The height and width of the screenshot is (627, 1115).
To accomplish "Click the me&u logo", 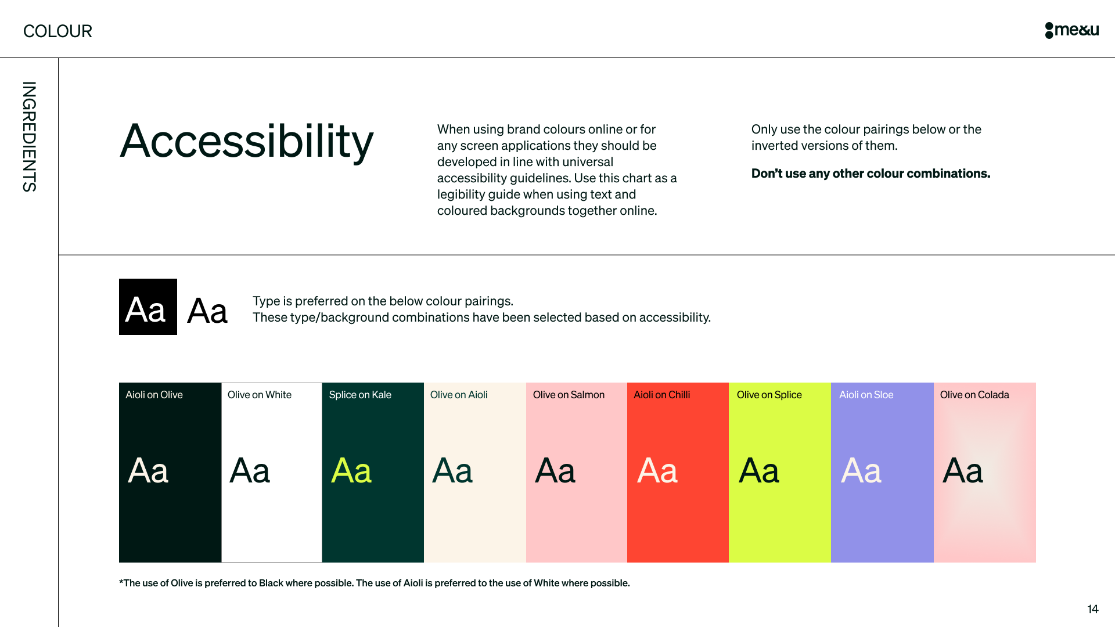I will click(x=1071, y=30).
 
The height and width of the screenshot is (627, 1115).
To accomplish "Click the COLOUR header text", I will click(x=57, y=31).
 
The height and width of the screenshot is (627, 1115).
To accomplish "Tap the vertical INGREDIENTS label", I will click(x=29, y=136).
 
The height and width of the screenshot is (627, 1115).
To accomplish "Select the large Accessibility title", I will click(x=247, y=141).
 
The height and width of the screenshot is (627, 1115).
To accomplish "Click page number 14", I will click(x=1092, y=609).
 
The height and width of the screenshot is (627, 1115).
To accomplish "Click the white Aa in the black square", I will click(x=146, y=309).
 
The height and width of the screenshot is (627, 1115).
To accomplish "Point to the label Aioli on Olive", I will click(x=154, y=395).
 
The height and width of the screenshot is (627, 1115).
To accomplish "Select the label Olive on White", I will click(x=259, y=395).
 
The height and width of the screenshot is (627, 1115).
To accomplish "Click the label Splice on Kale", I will click(x=360, y=395).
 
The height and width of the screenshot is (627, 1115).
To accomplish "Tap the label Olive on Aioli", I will click(x=459, y=395).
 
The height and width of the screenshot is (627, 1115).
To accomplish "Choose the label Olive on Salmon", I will click(x=569, y=395).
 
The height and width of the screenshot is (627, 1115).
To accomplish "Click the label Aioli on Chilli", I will click(x=661, y=395).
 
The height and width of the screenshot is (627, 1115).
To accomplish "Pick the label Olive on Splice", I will click(x=769, y=395).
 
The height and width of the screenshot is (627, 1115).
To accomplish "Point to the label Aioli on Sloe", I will click(x=866, y=395).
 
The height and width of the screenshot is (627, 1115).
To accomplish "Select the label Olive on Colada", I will click(x=974, y=395).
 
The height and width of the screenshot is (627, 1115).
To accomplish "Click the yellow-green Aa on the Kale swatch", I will click(x=351, y=471).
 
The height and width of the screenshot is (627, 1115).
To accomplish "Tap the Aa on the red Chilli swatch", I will click(x=657, y=471).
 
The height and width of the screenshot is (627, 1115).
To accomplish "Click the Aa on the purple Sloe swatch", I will click(x=861, y=471).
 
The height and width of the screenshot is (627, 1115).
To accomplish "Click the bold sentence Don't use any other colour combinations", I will click(x=871, y=174).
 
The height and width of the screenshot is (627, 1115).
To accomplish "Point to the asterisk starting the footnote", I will click(x=121, y=582).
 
